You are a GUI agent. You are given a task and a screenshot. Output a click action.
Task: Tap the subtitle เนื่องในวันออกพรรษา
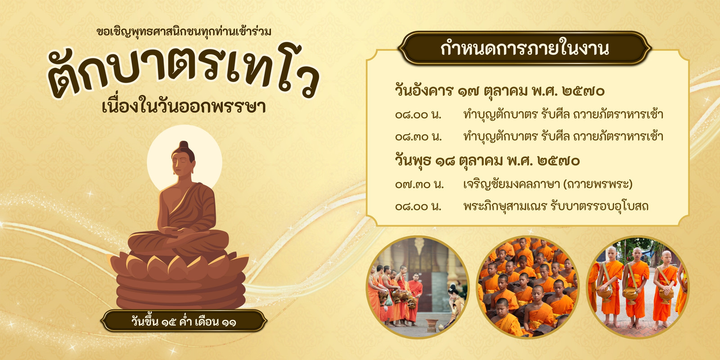184,107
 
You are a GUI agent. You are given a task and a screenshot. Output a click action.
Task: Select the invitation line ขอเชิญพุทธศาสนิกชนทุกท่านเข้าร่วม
184,32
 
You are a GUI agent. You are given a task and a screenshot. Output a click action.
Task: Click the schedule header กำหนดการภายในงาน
525,49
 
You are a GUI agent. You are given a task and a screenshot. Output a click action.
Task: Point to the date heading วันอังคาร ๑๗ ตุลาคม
461,90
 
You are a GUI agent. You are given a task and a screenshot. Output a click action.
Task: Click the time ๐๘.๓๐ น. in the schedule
418,137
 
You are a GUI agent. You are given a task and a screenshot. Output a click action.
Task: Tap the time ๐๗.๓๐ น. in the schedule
419,184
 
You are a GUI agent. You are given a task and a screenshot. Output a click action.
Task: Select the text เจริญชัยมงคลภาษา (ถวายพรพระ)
548,184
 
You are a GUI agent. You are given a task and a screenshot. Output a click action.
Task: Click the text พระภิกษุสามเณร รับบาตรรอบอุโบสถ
556,206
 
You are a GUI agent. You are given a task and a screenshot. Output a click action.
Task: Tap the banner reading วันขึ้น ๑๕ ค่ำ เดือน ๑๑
184,321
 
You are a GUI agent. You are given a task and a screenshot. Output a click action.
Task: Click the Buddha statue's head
184,159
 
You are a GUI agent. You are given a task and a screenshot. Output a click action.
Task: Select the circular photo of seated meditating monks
528,287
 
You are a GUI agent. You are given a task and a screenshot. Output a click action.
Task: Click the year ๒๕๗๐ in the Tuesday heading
583,91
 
